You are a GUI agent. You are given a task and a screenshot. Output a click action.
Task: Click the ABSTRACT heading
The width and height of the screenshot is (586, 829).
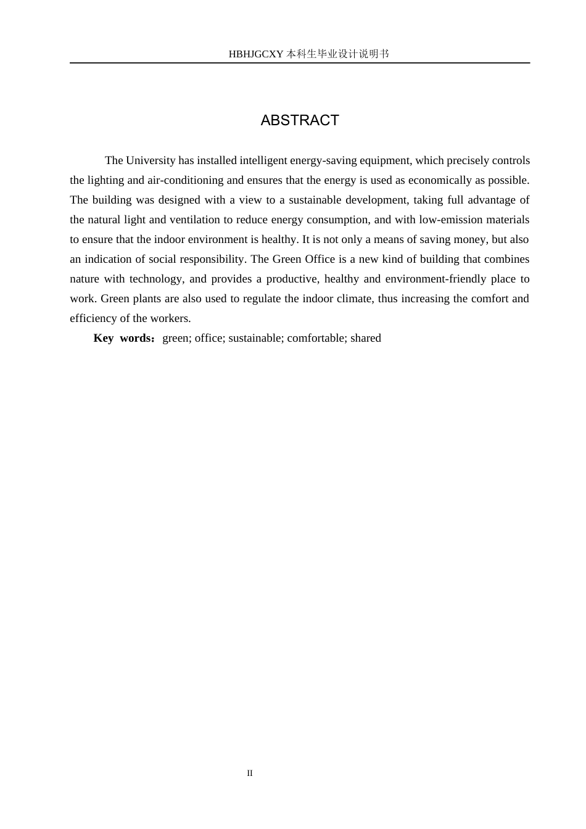300,120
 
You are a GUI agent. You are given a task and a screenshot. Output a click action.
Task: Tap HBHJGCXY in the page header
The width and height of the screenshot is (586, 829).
255,54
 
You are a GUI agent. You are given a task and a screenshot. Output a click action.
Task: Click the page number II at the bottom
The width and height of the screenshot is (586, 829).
250,773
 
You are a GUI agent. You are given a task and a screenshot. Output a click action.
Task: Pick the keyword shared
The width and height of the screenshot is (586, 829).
366,338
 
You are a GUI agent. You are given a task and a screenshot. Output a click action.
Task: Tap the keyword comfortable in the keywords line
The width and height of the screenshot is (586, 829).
316,338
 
